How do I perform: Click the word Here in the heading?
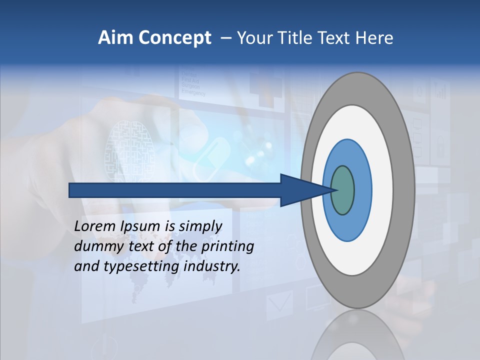click(x=374, y=38)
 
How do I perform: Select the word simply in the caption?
click(x=200, y=226)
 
